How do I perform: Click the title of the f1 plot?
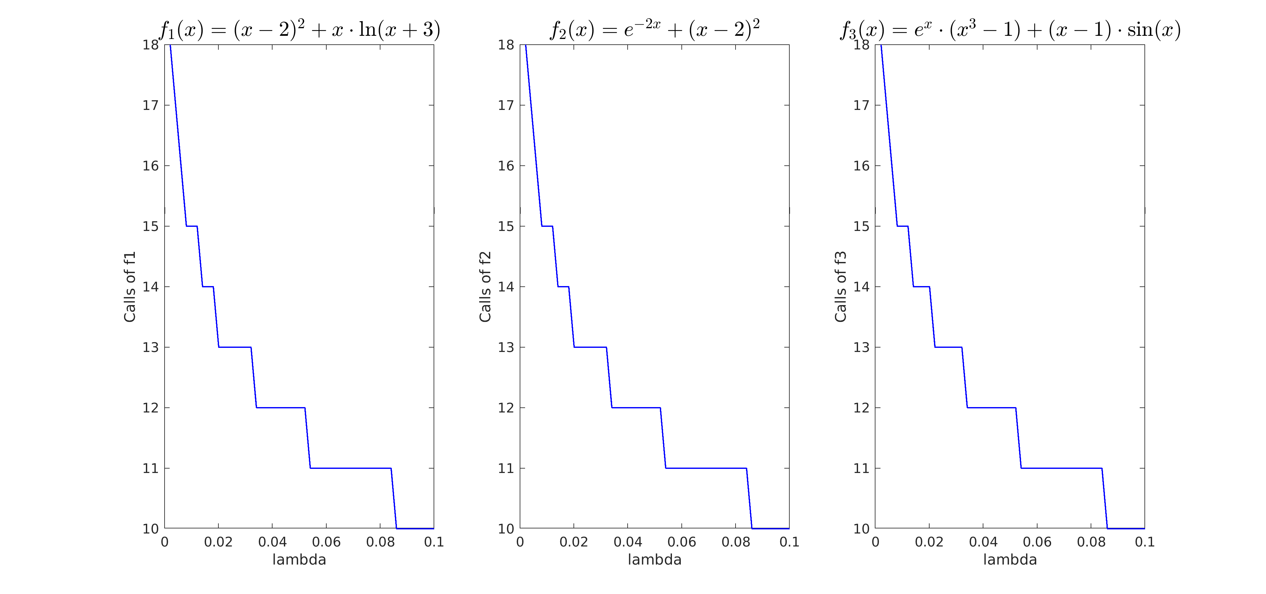(299, 29)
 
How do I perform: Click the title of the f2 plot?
(655, 29)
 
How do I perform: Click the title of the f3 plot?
(1010, 29)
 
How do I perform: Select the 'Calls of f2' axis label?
(485, 287)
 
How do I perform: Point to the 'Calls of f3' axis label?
(840, 287)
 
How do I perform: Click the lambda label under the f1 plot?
(299, 559)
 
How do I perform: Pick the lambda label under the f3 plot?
(1010, 559)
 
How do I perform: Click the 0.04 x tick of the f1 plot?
(272, 542)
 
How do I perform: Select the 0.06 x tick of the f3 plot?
(1037, 542)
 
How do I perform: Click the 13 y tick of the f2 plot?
(506, 347)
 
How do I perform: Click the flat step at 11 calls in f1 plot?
(350, 468)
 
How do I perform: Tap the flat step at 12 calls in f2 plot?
(636, 408)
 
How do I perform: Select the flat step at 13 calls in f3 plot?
(948, 347)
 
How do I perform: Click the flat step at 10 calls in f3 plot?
(1126, 529)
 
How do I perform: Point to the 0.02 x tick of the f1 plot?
(218, 542)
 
